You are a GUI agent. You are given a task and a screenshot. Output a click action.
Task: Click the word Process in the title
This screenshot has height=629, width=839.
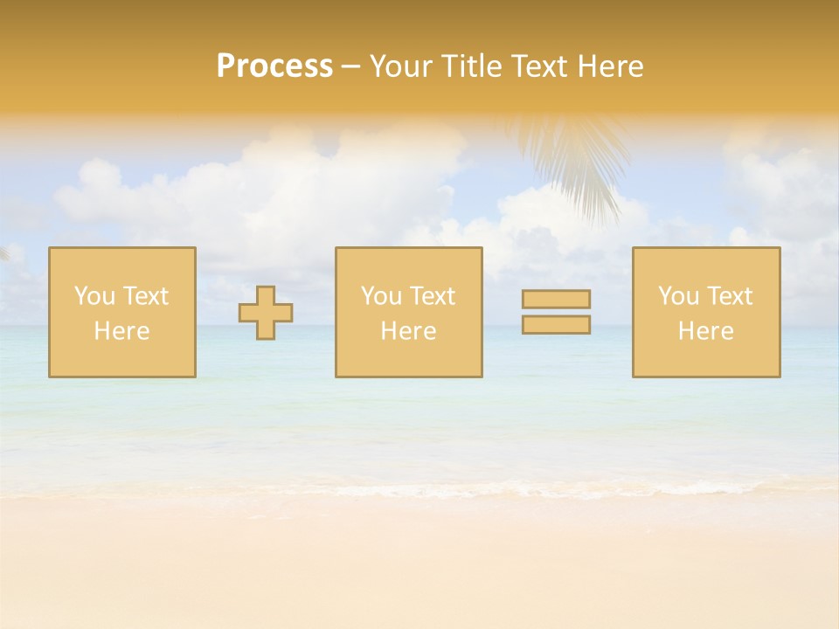coord(274,66)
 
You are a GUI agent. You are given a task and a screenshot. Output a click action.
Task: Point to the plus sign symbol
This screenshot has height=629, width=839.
coord(266,313)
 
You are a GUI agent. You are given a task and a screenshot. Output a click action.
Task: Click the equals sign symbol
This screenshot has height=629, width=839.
coord(556,312)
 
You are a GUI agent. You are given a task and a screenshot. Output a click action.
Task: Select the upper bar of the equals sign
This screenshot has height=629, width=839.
coord(556,300)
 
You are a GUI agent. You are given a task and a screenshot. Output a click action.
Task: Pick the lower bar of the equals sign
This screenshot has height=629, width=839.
coord(556,324)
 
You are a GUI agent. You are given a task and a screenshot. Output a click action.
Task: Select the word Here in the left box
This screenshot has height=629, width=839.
coord(121,331)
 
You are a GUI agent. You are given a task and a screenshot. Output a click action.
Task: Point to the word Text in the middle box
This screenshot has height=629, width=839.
coord(432,296)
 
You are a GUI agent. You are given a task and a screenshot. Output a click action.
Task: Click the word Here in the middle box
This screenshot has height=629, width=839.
coord(408,331)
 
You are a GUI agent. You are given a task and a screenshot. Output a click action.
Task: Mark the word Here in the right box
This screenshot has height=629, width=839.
coord(705,331)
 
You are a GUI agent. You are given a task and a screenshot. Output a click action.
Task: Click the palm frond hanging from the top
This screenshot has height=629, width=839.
coord(577,162)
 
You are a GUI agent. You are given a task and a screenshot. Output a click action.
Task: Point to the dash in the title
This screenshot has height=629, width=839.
coord(351,67)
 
